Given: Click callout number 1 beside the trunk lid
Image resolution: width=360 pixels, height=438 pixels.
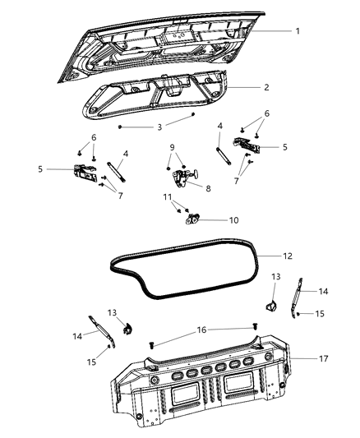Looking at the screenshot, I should point(298,30).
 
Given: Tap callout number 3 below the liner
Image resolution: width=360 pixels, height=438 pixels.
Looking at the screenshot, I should point(160,127).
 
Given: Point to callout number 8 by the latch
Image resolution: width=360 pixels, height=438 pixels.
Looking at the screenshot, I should point(207,188).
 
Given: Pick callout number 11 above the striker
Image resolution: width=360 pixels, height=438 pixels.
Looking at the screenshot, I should point(168,198).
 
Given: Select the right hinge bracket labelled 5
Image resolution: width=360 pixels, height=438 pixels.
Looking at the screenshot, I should point(246,145).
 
